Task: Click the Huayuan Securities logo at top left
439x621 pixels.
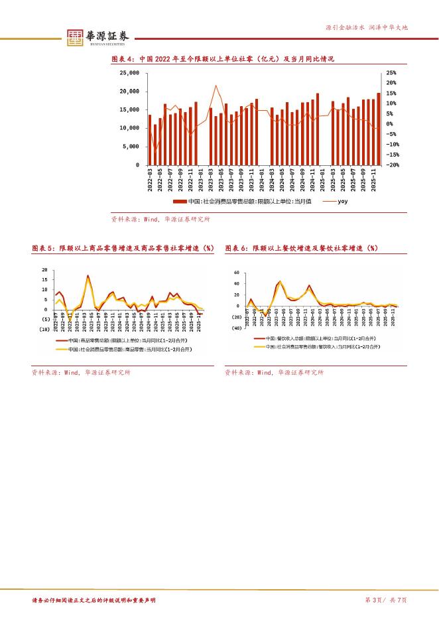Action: coord(97,37)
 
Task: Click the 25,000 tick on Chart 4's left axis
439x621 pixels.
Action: coord(129,73)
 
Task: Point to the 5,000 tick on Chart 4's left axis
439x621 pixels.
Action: coord(132,146)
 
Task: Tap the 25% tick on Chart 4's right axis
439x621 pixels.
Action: coord(391,73)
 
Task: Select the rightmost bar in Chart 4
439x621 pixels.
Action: coord(379,129)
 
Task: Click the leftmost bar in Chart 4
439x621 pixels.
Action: coord(150,139)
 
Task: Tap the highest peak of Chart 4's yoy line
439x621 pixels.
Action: coord(216,86)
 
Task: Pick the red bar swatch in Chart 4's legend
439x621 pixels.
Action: coord(180,201)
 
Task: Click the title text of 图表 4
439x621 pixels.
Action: coord(221,59)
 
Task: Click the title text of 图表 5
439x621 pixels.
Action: coord(123,247)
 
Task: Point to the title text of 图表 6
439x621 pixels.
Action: coord(301,247)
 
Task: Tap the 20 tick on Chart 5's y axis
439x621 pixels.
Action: coord(44,270)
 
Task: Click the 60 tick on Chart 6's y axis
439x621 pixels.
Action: coord(237,273)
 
